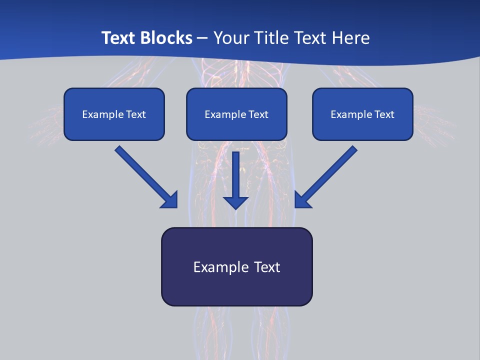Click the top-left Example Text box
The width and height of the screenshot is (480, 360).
[x=114, y=114]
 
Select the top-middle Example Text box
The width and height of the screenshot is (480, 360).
[x=236, y=114]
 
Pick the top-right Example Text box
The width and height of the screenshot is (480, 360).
[x=362, y=114]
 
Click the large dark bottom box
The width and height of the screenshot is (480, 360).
[x=236, y=266]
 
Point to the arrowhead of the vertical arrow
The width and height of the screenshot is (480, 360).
[x=236, y=202]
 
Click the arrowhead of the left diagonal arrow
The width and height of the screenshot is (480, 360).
[x=170, y=200]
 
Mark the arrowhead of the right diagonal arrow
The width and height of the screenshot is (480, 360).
[x=302, y=200]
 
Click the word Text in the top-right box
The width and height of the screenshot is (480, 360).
[x=384, y=114]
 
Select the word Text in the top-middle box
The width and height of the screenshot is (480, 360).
[x=258, y=114]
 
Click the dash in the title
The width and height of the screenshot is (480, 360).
[x=202, y=38]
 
